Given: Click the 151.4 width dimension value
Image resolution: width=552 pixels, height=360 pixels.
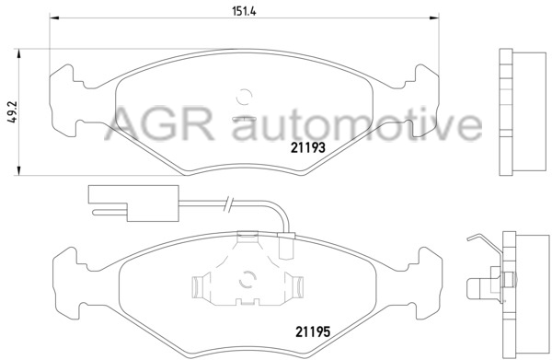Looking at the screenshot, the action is (x=244, y=11).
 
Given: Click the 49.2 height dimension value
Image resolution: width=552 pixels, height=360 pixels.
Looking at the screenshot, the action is (x=14, y=111).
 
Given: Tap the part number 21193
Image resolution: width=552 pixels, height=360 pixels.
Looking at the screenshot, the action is (x=307, y=147).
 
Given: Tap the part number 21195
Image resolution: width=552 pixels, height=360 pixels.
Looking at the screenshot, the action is (x=313, y=331).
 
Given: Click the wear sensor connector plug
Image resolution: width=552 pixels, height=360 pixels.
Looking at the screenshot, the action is (x=133, y=203).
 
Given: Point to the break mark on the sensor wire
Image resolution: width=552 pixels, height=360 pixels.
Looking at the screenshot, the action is (x=228, y=204).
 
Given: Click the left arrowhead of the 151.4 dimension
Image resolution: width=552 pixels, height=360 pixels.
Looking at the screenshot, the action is (x=54, y=17).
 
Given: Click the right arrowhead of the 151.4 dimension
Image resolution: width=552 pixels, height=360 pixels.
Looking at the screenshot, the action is (x=434, y=17).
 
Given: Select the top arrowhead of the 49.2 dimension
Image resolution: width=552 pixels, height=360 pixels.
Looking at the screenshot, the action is (x=18, y=54).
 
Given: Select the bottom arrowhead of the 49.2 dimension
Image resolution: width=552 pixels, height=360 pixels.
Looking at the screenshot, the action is (x=18, y=170).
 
